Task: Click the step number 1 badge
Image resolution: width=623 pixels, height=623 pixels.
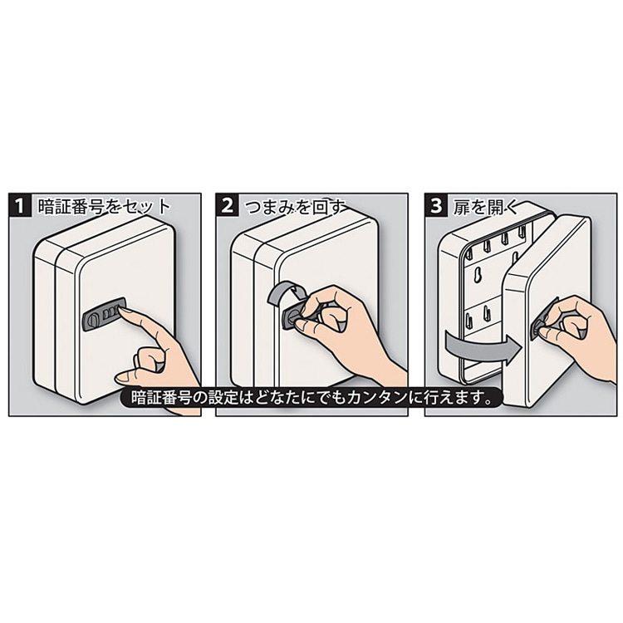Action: click(x=20, y=206)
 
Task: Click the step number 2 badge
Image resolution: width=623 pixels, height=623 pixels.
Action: click(x=228, y=206)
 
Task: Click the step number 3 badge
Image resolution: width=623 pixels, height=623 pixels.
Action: click(x=436, y=206)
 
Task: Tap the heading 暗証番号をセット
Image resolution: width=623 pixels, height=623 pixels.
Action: click(x=104, y=207)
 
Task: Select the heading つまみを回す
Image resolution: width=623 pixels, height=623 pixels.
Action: click(x=294, y=207)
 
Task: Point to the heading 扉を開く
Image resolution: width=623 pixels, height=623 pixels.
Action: click(x=486, y=207)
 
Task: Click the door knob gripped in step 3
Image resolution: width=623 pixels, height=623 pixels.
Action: click(x=540, y=325)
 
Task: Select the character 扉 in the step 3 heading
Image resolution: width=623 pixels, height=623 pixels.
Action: click(x=462, y=207)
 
